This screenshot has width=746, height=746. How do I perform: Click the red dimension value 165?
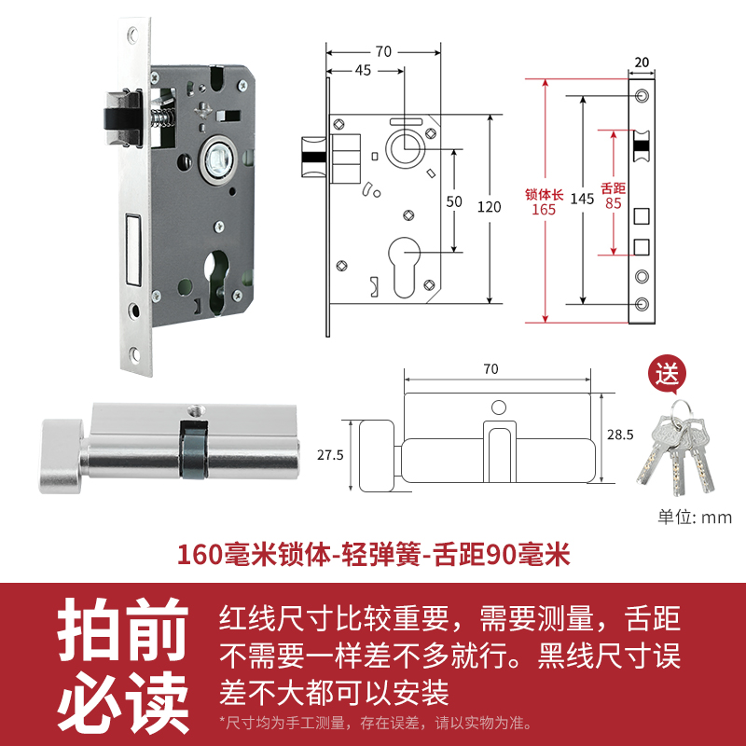click(543, 210)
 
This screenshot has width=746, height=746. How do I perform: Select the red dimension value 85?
click(613, 201)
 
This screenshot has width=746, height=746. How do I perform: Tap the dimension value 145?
click(582, 198)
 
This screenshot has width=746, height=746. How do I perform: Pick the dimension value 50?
click(454, 200)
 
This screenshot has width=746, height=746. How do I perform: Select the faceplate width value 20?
click(641, 62)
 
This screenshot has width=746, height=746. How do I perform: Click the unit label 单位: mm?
click(695, 518)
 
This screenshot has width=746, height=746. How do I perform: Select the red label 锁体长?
click(543, 194)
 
